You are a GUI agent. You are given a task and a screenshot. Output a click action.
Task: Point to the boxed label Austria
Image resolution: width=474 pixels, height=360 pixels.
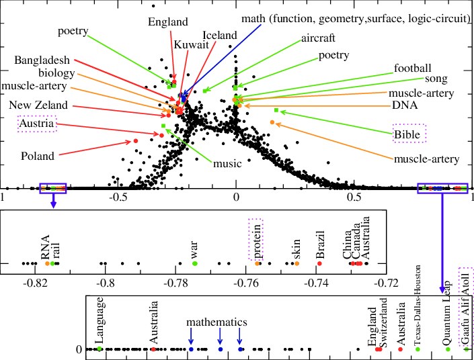click(x=37, y=124)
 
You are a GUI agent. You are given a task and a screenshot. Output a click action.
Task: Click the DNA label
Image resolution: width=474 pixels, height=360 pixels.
click(x=406, y=105)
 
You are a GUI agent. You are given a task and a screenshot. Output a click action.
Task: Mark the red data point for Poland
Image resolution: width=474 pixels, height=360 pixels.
click(x=135, y=140)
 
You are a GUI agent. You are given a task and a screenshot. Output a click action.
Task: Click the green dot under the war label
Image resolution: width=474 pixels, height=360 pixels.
click(x=194, y=263)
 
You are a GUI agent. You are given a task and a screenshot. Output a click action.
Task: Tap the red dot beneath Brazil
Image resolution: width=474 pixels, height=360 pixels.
click(x=319, y=263)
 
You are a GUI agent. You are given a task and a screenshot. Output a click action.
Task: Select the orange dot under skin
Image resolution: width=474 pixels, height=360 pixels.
click(x=297, y=263)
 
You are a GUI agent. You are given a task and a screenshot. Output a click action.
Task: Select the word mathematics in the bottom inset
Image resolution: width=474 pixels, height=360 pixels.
click(x=216, y=322)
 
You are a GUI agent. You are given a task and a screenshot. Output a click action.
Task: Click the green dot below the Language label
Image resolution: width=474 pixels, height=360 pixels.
click(x=100, y=349)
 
